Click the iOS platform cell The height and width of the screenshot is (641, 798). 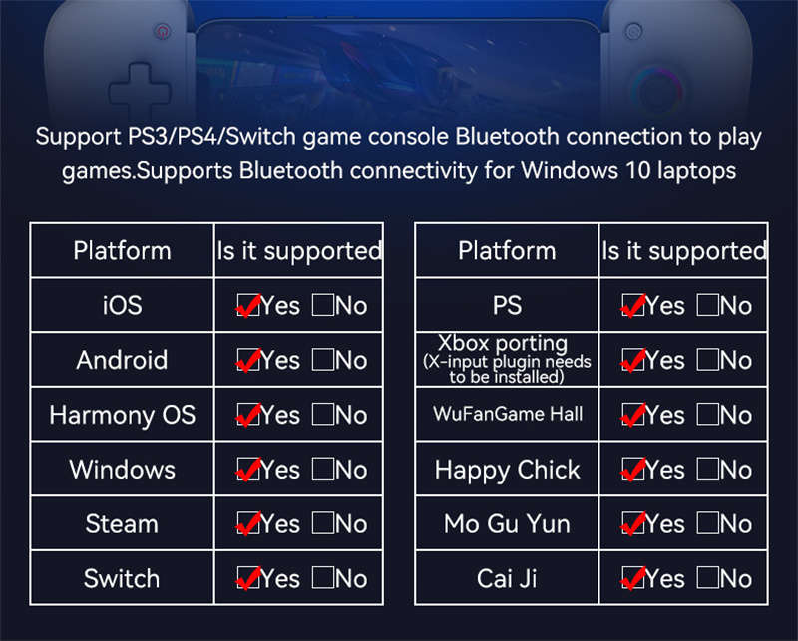coord(122,306)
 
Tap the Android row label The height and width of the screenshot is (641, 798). coord(122,360)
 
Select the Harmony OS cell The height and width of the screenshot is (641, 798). coord(122,415)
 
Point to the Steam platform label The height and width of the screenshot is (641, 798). coord(122,524)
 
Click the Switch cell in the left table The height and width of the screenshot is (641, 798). coord(122,579)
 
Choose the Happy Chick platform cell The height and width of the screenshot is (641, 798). coord(508,471)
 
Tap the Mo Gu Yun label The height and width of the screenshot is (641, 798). coord(508,524)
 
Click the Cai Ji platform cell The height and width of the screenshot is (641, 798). coord(508,579)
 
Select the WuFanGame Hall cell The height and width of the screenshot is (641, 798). coord(508,414)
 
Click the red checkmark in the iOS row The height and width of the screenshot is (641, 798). coord(248,306)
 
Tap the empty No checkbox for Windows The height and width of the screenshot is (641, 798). coord(322,469)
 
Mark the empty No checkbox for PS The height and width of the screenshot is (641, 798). coord(707,305)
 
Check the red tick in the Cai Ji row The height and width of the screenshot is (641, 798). coord(633,579)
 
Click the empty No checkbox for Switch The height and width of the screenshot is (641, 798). coord(322,578)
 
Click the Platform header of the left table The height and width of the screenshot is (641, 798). coord(122,251)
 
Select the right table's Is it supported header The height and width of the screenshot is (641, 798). coord(684,251)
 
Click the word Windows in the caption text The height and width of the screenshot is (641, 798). coord(570,170)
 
